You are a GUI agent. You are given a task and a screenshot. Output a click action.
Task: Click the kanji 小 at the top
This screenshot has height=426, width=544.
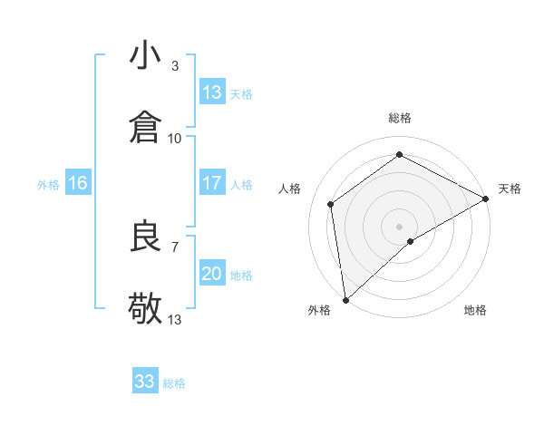pyautogui.click(x=146, y=56)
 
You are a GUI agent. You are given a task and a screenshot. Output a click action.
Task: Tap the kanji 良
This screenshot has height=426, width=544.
pyautogui.click(x=146, y=237)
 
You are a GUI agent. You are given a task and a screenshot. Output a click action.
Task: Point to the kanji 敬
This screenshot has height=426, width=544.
pyautogui.click(x=146, y=309)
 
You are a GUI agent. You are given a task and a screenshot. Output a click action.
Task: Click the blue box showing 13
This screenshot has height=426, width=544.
pyautogui.click(x=212, y=92)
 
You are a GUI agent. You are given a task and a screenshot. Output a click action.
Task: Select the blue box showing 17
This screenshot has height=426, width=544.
pyautogui.click(x=212, y=183)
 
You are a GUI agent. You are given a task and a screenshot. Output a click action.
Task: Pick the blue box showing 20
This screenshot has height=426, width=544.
pyautogui.click(x=212, y=274)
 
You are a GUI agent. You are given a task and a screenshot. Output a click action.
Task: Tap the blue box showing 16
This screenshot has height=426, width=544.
pyautogui.click(x=78, y=183)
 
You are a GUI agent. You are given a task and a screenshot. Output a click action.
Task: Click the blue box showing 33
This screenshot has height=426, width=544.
pyautogui.click(x=145, y=382)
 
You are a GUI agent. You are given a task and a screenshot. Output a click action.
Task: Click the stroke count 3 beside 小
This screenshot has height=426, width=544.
pyautogui.click(x=174, y=65)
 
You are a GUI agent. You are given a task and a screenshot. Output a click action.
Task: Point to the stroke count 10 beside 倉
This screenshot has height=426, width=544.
pyautogui.click(x=175, y=138)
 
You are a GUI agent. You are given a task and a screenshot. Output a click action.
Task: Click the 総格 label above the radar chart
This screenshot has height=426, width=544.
pyautogui.click(x=400, y=118)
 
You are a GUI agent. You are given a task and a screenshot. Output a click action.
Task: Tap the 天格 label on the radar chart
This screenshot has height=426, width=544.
pyautogui.click(x=510, y=189)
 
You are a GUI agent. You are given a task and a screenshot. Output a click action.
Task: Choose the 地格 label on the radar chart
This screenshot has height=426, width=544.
pyautogui.click(x=475, y=310)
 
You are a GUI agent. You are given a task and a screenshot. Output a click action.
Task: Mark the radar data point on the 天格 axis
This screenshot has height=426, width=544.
pyautogui.click(x=486, y=199)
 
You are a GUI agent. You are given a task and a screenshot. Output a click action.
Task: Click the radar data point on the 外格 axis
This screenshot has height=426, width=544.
pyautogui.click(x=345, y=299)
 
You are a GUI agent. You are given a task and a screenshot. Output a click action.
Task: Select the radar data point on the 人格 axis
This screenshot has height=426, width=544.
pyautogui.click(x=331, y=204)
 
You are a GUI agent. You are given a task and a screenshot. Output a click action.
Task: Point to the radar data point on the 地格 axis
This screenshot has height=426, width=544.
pyautogui.click(x=412, y=241)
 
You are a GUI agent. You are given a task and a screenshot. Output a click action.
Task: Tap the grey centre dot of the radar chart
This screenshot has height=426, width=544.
pyautogui.click(x=400, y=226)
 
